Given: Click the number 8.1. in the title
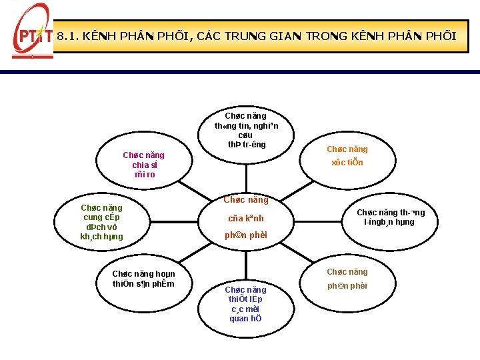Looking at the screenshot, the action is coord(68,36).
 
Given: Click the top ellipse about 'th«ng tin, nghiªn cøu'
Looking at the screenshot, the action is coord(246,130).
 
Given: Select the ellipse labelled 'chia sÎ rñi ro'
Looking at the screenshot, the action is coord(144,165).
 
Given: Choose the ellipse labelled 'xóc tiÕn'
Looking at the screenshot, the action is coord(347,156).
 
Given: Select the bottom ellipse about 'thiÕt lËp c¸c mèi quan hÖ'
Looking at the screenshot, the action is coord(245,304).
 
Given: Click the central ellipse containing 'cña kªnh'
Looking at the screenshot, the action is coord(245,217).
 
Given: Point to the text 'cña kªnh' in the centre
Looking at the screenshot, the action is coord(245,218).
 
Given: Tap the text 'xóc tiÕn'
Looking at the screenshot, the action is coord(347,163).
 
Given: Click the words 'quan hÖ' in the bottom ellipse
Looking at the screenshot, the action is coord(245,318).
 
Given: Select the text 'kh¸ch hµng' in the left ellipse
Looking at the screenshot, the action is coord(101,237).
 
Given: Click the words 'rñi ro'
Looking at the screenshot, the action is coord(144,175).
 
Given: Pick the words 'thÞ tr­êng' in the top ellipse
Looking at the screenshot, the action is coord(246,145).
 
